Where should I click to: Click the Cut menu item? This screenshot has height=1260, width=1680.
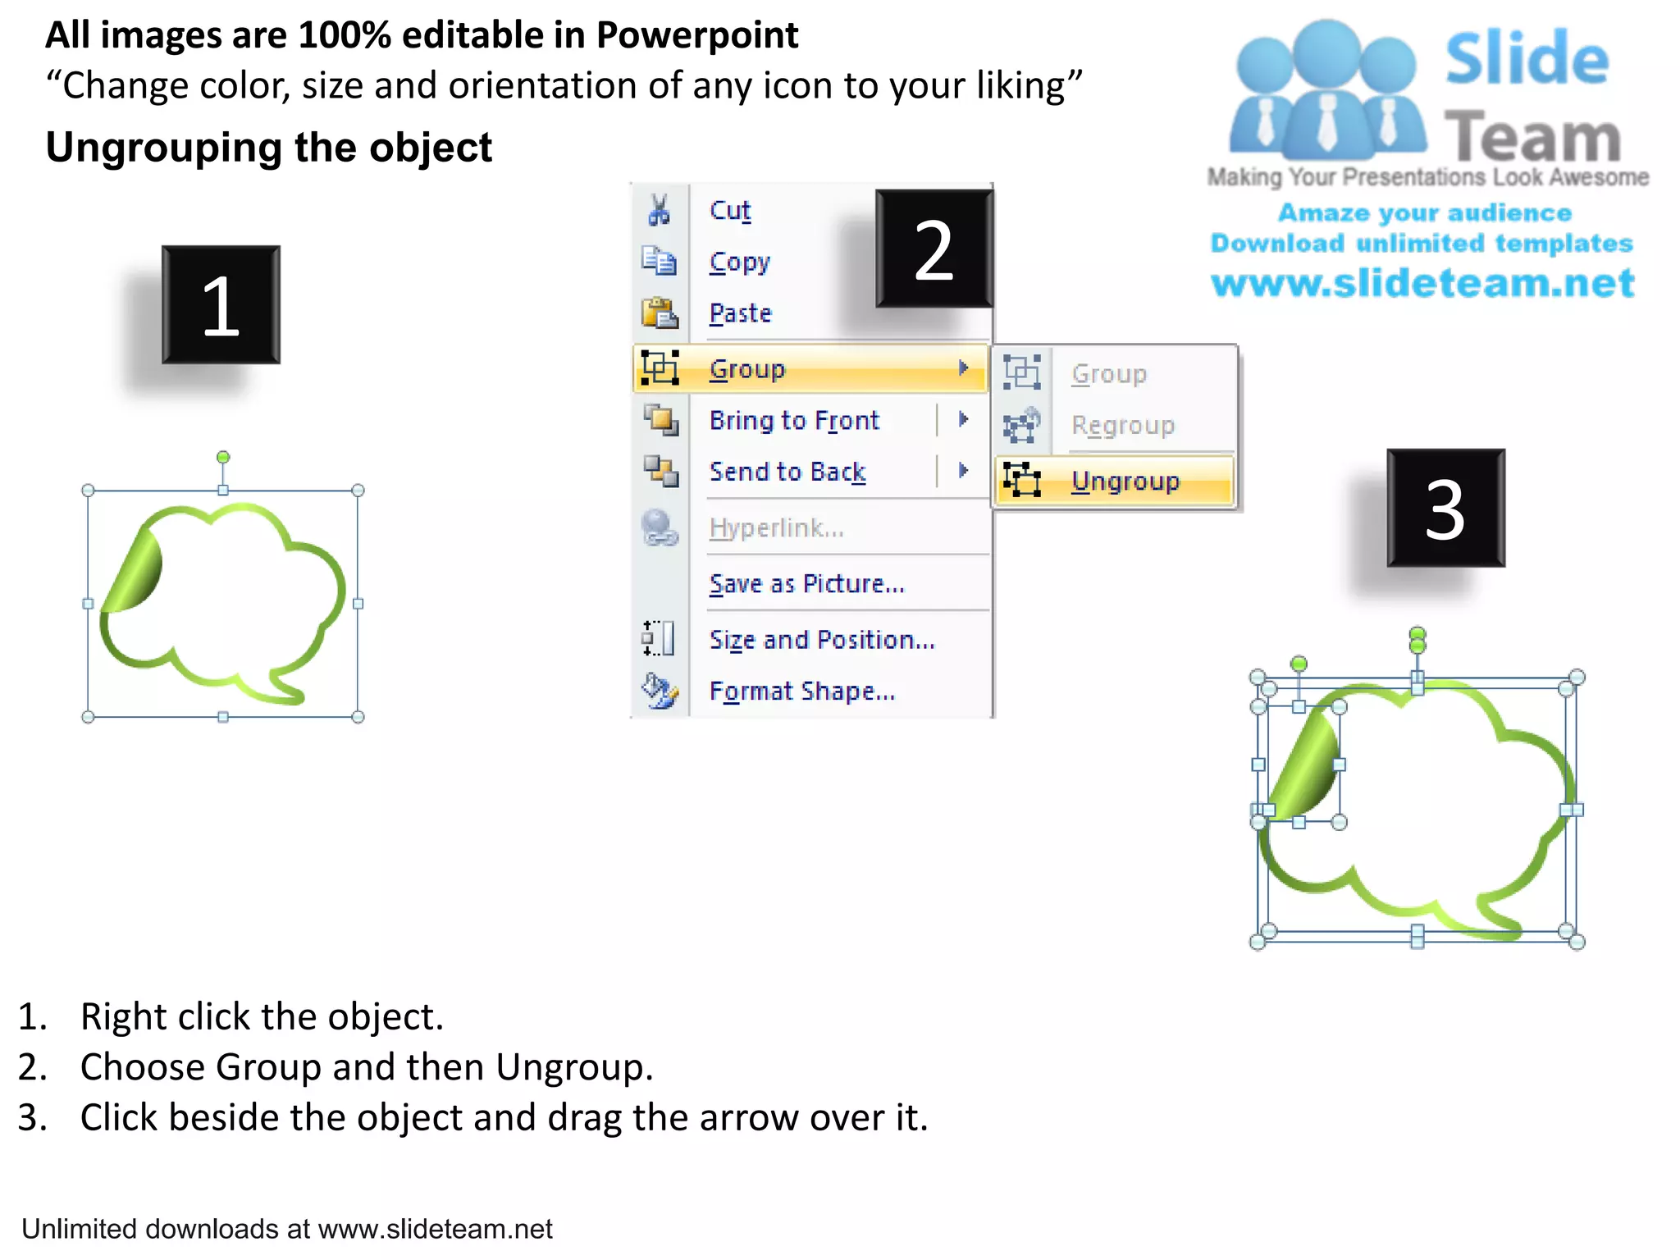(x=729, y=211)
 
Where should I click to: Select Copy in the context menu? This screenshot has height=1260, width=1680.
(x=739, y=262)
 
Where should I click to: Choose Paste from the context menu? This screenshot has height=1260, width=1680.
(x=740, y=313)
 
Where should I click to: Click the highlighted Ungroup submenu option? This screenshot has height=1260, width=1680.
(x=1125, y=481)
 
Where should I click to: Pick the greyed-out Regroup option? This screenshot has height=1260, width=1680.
(x=1122, y=425)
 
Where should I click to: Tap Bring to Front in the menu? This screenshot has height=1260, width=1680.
(x=793, y=420)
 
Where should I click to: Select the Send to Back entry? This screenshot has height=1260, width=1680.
(x=787, y=472)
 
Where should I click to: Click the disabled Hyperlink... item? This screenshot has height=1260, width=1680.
(x=776, y=527)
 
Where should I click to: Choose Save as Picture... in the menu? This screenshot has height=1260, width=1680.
(x=806, y=583)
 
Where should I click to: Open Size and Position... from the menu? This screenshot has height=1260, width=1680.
(x=821, y=639)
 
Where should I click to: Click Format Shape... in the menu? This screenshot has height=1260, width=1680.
(x=801, y=691)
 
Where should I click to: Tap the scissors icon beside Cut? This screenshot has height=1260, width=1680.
(x=659, y=210)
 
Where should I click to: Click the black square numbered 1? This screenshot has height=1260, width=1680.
(x=221, y=305)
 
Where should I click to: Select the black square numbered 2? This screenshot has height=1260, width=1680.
(x=934, y=249)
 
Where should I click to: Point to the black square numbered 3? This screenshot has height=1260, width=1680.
(x=1445, y=508)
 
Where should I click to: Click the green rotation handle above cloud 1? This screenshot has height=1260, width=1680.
(x=223, y=457)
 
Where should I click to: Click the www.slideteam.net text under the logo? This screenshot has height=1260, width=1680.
(x=1422, y=283)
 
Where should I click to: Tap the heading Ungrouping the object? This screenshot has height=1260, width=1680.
(x=268, y=148)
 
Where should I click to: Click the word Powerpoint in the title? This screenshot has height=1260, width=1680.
(x=696, y=35)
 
